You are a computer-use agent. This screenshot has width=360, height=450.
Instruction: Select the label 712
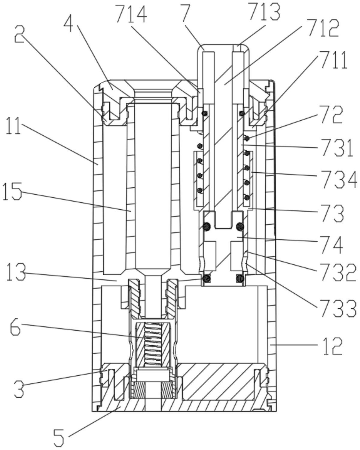[323, 29]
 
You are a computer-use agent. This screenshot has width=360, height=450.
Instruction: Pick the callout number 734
[339, 179]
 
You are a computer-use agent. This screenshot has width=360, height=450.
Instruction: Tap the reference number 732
[338, 272]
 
